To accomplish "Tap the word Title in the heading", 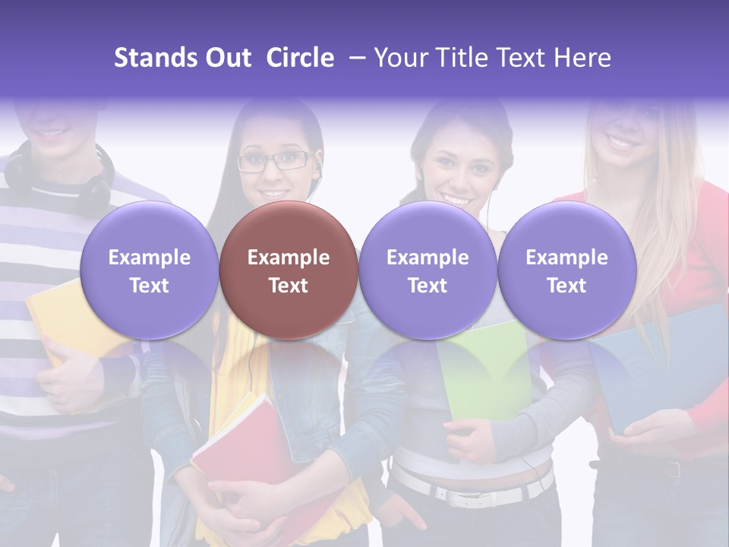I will point(469,58).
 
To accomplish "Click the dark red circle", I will point(289,270).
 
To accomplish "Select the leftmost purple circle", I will point(149,270).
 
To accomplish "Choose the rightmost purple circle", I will point(566,270).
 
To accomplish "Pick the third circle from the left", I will point(428,270).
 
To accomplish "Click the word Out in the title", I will point(228,58).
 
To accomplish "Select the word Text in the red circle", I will point(289,286).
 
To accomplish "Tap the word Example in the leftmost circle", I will point(149,258).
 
